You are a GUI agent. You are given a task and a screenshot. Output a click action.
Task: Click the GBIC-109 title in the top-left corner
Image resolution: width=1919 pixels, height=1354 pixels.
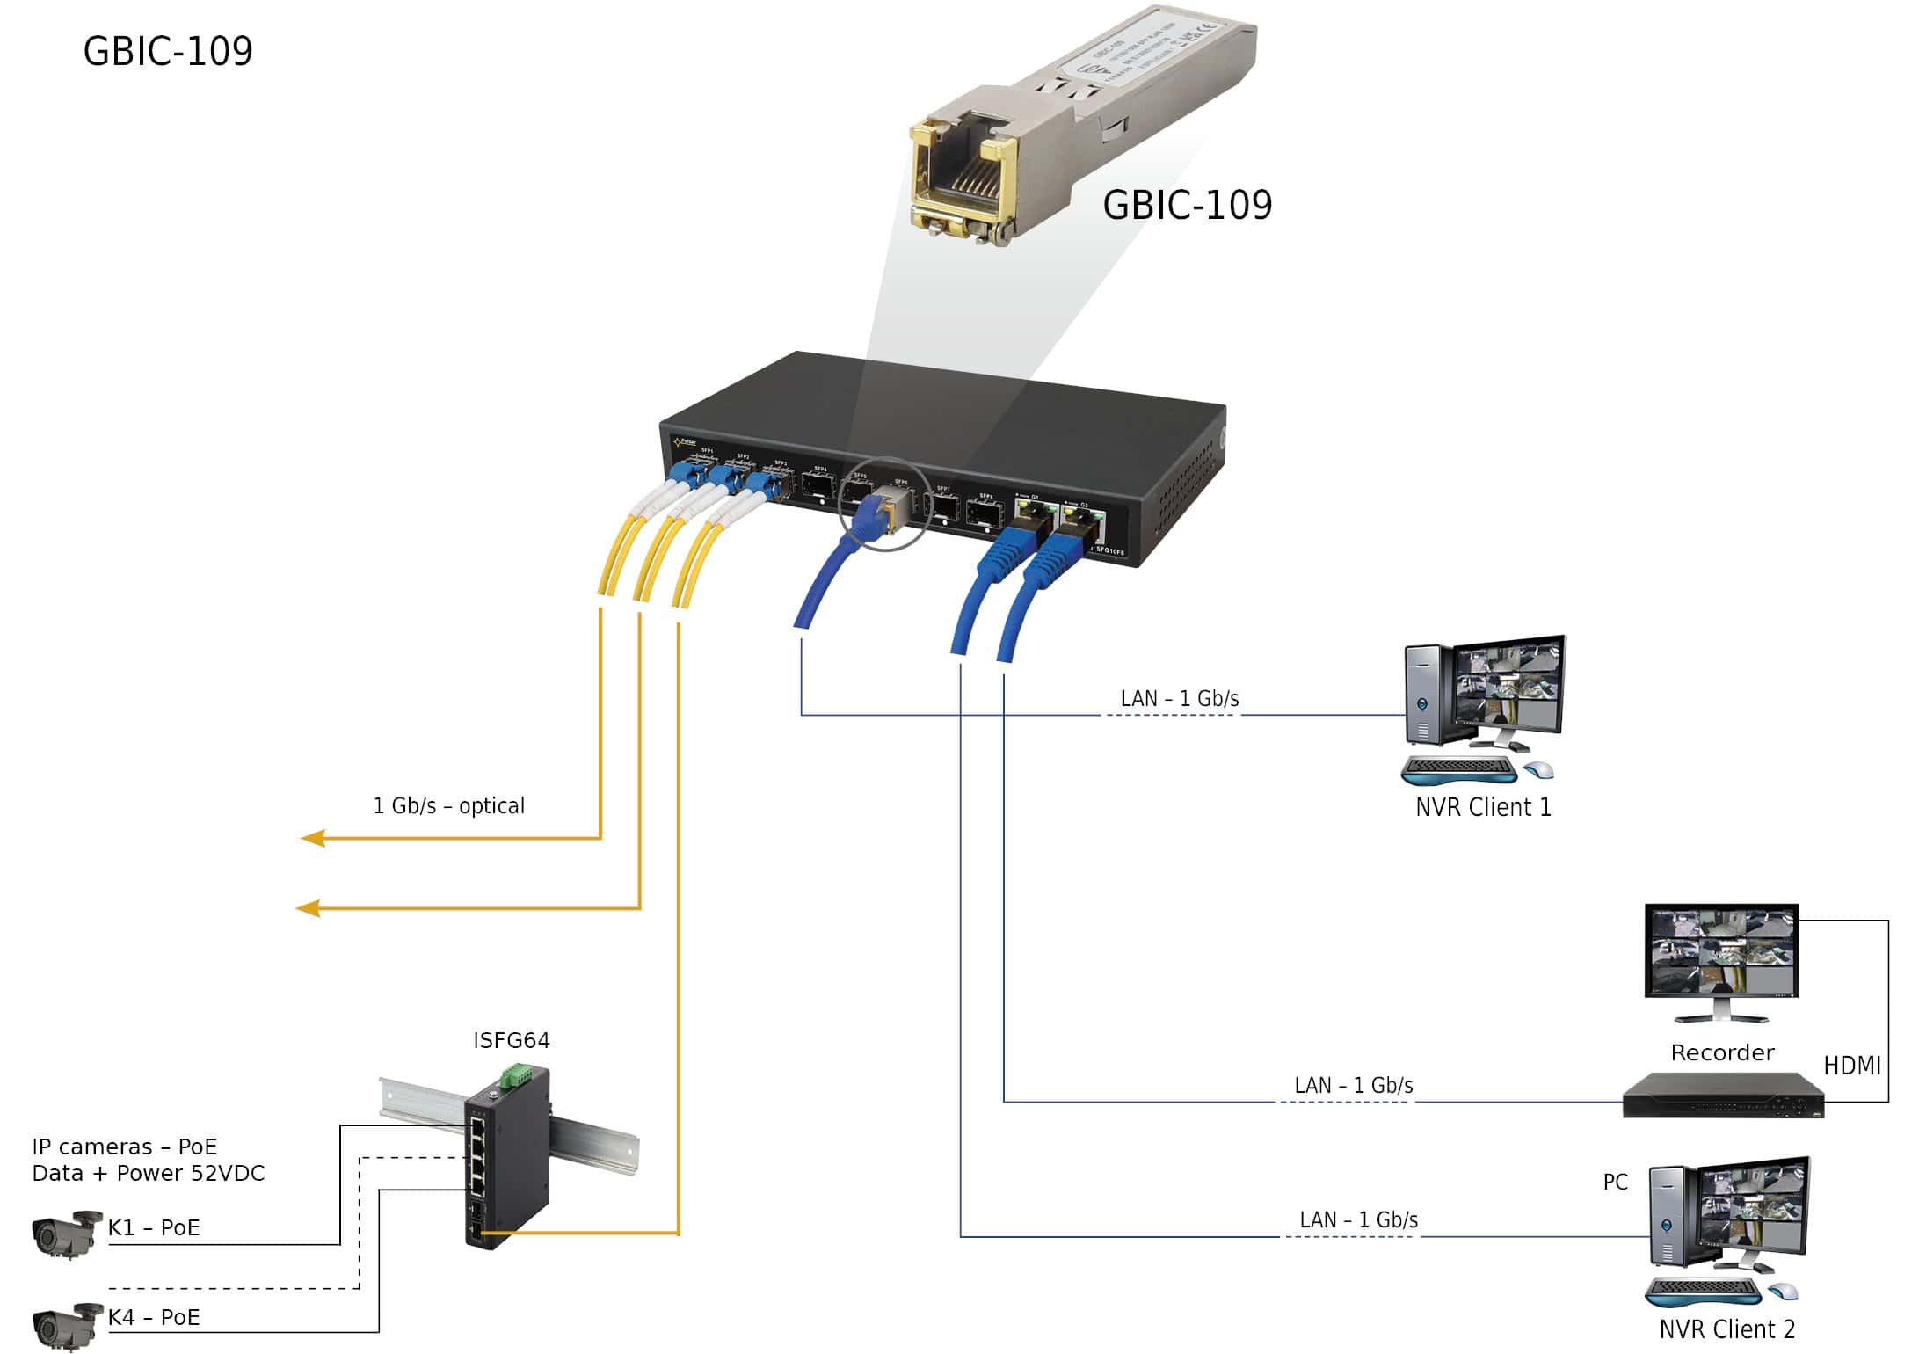click(168, 51)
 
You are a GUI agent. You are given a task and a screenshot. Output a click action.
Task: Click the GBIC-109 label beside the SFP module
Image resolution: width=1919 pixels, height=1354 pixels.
click(1187, 205)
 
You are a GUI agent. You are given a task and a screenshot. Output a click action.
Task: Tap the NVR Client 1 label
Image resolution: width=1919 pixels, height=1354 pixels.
click(1483, 807)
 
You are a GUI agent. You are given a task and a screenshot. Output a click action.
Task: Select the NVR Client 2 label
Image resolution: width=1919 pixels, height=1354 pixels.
click(1726, 1329)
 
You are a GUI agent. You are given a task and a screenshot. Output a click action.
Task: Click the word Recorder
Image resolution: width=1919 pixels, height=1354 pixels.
click(1722, 1052)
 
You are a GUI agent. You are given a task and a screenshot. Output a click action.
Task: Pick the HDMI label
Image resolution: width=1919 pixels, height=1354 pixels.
click(1851, 1066)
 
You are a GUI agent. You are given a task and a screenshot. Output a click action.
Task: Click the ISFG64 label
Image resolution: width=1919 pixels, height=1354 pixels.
click(512, 1040)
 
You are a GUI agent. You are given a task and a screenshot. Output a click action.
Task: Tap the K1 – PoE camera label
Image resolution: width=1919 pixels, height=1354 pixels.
click(154, 1227)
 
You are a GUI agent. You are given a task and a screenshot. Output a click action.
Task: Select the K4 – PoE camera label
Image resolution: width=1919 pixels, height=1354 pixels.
click(154, 1317)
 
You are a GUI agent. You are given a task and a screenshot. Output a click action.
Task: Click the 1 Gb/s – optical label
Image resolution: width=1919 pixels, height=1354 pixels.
click(448, 805)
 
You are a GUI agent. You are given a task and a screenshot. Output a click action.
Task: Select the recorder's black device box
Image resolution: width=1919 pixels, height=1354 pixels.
click(1723, 1096)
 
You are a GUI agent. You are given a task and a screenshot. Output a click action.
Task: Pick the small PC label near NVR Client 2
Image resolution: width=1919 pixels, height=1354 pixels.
click(1615, 1182)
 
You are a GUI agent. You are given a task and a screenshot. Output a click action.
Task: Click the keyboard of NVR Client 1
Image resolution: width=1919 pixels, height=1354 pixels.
click(1459, 769)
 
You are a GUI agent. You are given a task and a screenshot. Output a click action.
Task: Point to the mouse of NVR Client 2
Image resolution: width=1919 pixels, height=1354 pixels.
click(1783, 1291)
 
